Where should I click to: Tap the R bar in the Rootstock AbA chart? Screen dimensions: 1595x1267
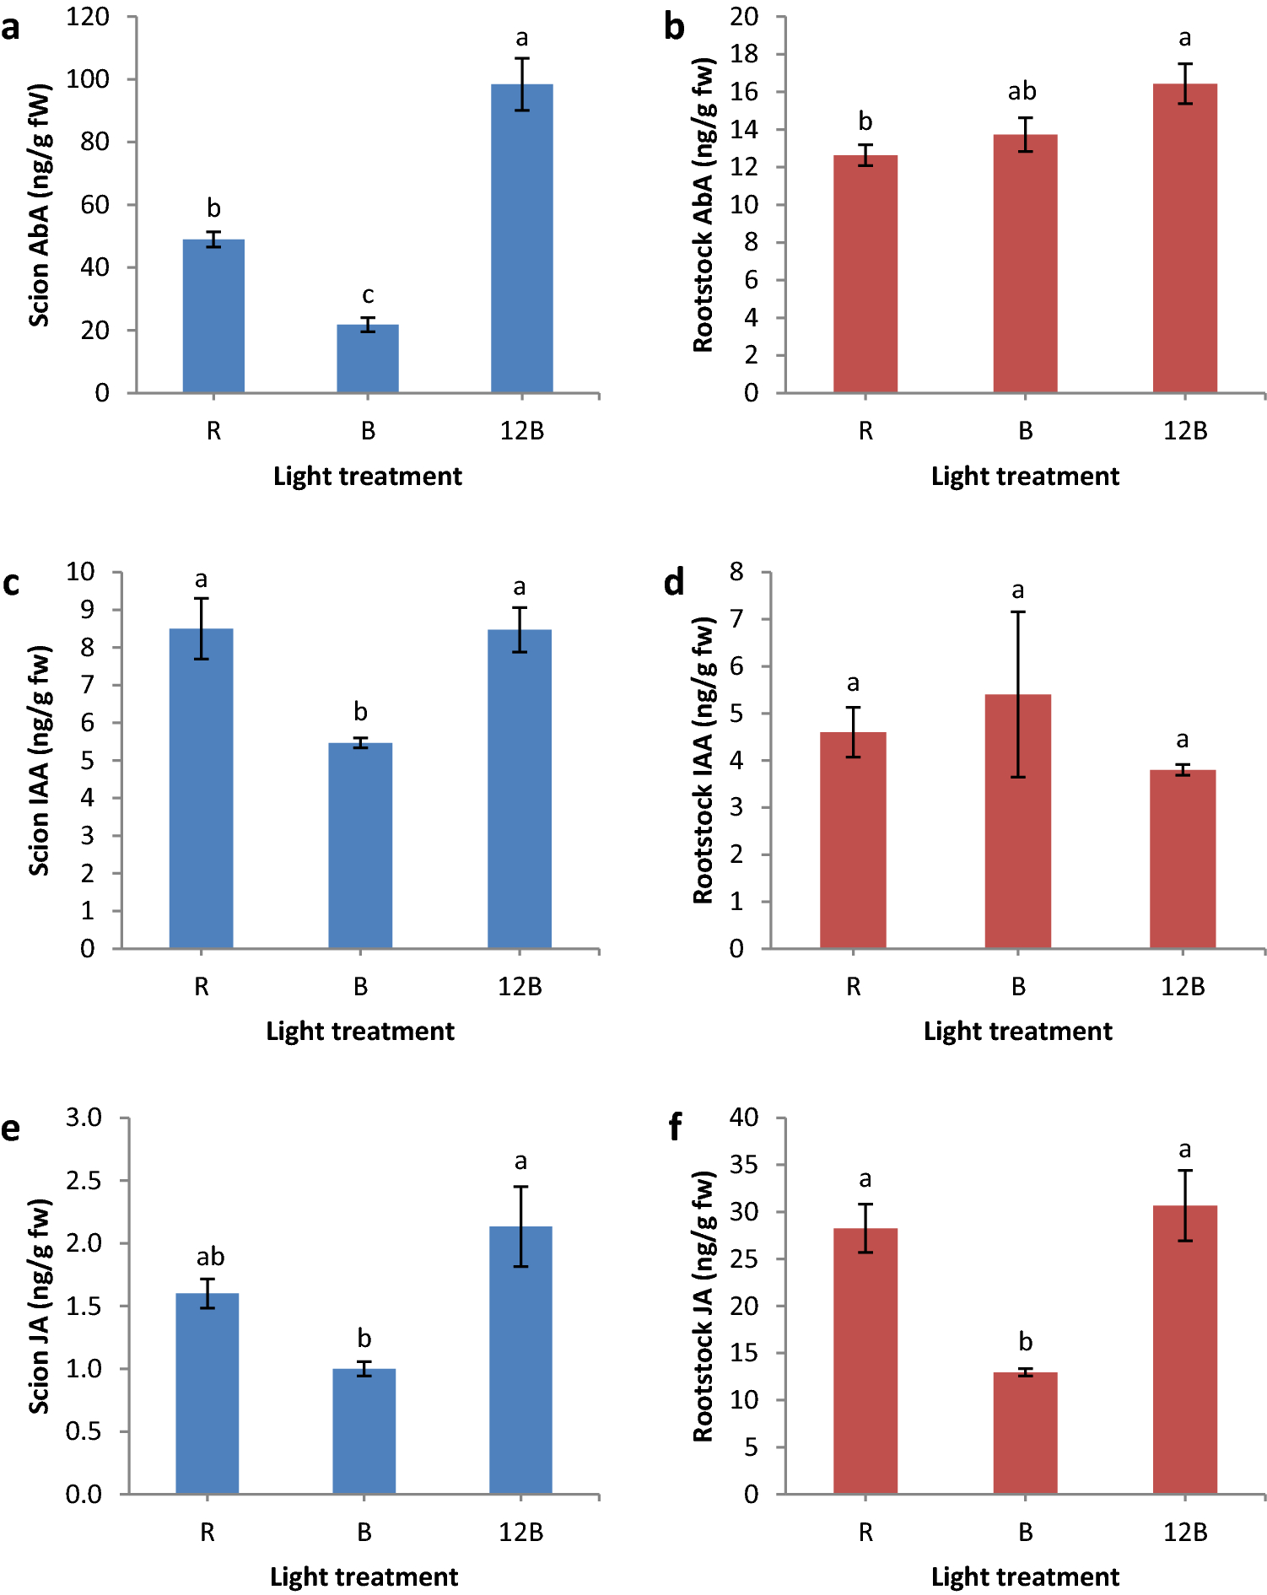tap(865, 274)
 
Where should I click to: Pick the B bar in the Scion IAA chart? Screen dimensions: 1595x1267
tap(360, 845)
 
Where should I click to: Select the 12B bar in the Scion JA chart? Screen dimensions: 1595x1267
tap(520, 1360)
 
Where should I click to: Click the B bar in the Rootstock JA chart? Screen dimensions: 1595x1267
tap(1025, 1433)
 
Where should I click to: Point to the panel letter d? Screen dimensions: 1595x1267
tap(674, 583)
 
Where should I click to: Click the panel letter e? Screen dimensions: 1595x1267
tap(10, 1129)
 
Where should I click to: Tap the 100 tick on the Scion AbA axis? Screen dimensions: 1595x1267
tap(88, 79)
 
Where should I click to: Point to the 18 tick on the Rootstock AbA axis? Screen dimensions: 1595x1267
tap(744, 54)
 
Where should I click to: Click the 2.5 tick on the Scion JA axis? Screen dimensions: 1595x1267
tap(84, 1180)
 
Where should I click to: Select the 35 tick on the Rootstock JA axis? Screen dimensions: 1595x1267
tap(744, 1165)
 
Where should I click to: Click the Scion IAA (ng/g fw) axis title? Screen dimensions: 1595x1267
tap(39, 761)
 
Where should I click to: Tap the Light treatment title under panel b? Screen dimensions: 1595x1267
tap(1025, 477)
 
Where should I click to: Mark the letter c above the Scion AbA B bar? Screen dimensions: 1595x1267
tap(368, 295)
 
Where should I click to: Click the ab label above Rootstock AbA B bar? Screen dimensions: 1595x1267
tap(1022, 91)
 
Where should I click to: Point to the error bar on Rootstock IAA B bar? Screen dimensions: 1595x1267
tap(1018, 693)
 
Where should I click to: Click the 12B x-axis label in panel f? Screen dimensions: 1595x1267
tap(1184, 1533)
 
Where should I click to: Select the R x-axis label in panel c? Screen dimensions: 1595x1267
tap(201, 987)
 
